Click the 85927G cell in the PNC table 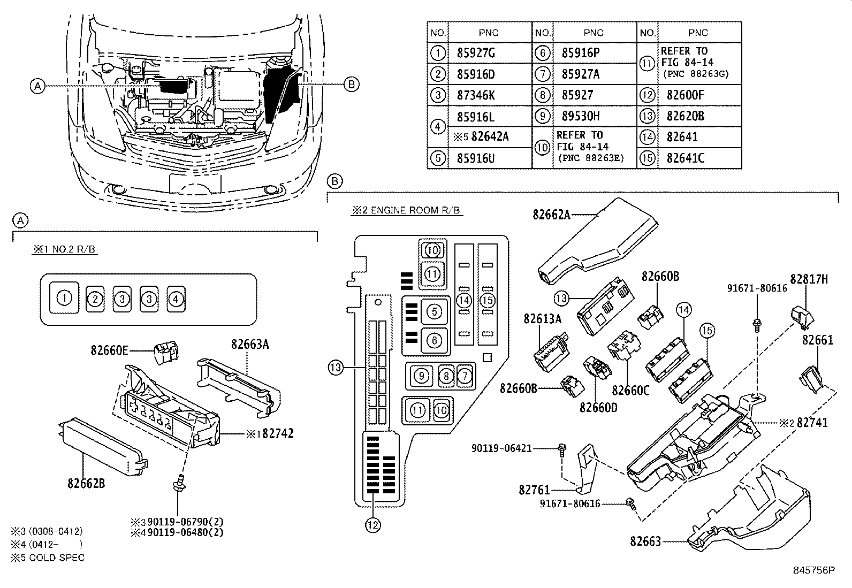coord(476,53)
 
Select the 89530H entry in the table coord(580,116)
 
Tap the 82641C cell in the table coord(685,158)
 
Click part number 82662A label coord(551,215)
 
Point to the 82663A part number coord(250,345)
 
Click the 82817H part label coord(809,279)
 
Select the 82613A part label coord(542,319)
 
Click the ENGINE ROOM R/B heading coord(407,210)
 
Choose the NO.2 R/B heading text coord(65,249)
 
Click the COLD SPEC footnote coord(47,557)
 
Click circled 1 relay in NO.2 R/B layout coord(64,298)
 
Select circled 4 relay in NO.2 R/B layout coord(176,299)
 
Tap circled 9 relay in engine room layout coord(422,376)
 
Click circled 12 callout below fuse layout coord(373,525)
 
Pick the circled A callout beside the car coord(36,85)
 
